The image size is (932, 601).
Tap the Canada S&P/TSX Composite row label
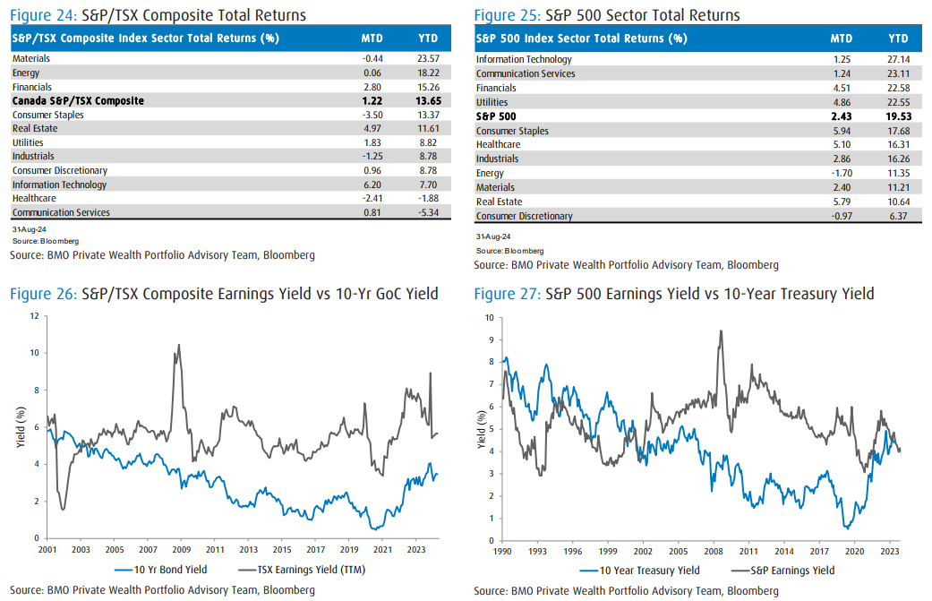click(78, 101)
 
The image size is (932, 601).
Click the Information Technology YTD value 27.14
click(897, 59)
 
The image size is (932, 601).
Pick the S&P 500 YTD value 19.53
click(896, 116)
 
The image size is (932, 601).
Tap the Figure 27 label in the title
click(505, 294)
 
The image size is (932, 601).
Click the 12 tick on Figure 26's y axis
click(33, 315)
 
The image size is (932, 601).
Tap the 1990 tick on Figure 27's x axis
click(503, 553)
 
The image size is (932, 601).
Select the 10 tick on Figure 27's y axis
click(490, 317)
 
